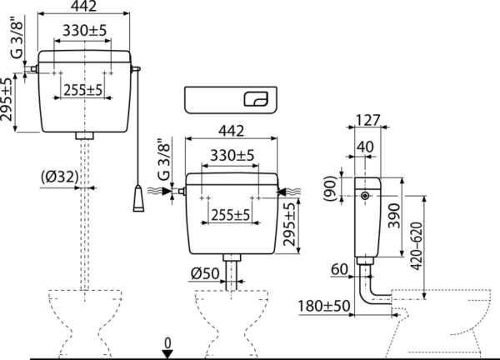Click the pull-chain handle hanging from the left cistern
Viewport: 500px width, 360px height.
click(138, 198)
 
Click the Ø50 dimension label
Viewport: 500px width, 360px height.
click(205, 273)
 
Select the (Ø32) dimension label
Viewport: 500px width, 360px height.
click(60, 177)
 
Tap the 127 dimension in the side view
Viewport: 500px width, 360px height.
click(367, 120)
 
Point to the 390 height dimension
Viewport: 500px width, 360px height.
click(394, 216)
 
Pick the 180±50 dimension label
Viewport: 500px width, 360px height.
click(323, 306)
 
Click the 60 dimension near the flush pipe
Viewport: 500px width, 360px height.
click(339, 269)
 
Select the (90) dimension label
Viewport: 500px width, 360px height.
click(330, 188)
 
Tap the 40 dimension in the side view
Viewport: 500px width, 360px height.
click(365, 147)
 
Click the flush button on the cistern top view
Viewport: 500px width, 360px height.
click(256, 99)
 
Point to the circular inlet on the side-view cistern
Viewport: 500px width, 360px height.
click(365, 196)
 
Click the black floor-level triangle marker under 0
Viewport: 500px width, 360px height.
click(167, 354)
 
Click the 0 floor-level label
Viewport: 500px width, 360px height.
click(167, 343)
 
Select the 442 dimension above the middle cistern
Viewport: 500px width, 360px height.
click(231, 131)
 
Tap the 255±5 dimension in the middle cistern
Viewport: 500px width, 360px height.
click(231, 215)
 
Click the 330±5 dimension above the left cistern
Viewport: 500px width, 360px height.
click(84, 30)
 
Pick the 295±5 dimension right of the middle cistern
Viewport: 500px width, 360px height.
click(289, 224)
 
